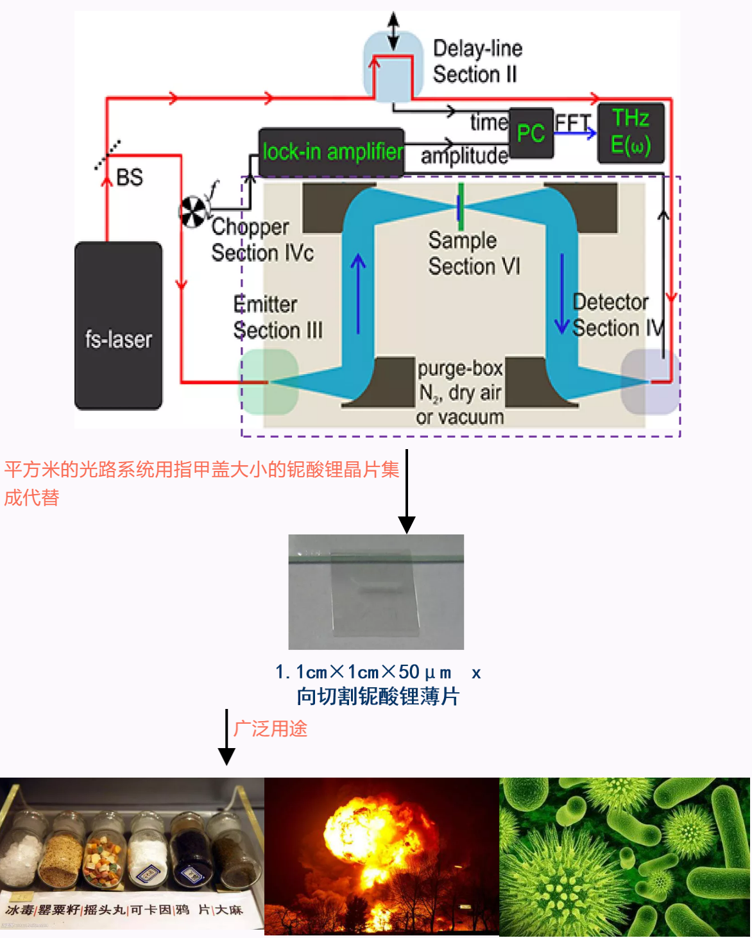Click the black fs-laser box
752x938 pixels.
(x=118, y=325)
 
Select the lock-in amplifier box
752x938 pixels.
(x=331, y=152)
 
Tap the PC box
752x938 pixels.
(x=531, y=133)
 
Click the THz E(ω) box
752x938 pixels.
(x=631, y=133)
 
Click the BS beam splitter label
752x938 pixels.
(x=129, y=178)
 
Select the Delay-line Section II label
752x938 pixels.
(x=477, y=62)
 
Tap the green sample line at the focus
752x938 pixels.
(x=461, y=207)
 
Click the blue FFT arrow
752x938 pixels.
(x=576, y=133)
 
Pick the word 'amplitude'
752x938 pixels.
(x=464, y=155)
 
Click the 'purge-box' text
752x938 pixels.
(x=460, y=368)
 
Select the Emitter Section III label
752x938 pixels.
(x=277, y=317)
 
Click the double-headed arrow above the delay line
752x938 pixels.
(x=393, y=30)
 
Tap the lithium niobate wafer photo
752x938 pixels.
(x=376, y=592)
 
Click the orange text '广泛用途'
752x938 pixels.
(x=270, y=729)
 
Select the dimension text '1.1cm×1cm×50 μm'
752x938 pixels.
(x=363, y=672)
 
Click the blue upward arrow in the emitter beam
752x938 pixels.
(x=358, y=292)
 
